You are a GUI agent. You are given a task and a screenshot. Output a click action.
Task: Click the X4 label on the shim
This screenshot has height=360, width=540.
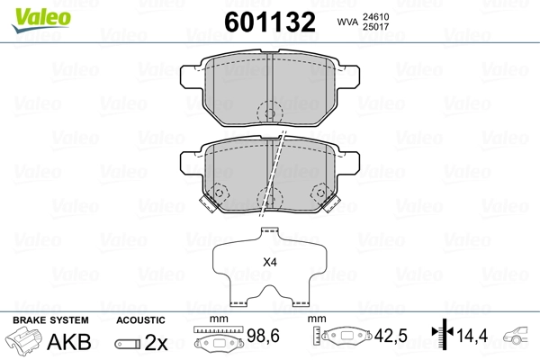(x=269, y=263)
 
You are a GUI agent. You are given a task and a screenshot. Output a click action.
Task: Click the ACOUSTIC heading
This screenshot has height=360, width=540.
(x=140, y=319)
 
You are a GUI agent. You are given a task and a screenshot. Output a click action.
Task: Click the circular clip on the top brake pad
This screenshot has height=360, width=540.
(x=267, y=113)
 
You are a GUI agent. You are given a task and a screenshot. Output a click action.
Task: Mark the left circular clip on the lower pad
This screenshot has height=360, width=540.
(x=219, y=194)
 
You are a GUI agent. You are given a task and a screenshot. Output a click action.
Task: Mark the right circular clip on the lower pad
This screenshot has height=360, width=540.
(x=319, y=194)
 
